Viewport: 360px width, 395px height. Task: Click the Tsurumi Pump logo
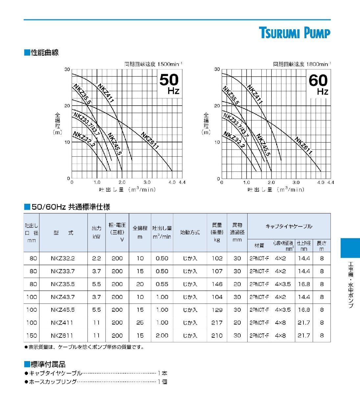click(294, 33)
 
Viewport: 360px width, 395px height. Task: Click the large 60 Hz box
click(319, 84)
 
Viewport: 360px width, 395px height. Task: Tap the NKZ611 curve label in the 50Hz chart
click(150, 141)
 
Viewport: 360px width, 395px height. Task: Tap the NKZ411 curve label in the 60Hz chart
click(255, 94)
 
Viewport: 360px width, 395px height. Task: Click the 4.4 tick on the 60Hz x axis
click(330, 182)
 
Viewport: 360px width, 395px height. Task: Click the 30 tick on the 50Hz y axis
click(67, 69)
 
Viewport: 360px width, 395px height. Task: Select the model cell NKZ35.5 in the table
click(63, 284)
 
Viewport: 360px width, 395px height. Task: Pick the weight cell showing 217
click(217, 323)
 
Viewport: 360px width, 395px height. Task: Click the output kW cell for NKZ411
click(96, 323)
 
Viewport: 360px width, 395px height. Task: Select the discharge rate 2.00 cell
click(162, 335)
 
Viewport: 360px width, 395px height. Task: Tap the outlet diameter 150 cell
click(32, 335)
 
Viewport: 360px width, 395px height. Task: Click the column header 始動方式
click(190, 232)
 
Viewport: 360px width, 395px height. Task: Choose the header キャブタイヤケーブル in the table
click(289, 226)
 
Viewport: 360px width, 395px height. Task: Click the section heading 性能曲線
click(45, 52)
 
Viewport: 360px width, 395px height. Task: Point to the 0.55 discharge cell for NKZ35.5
click(162, 284)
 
